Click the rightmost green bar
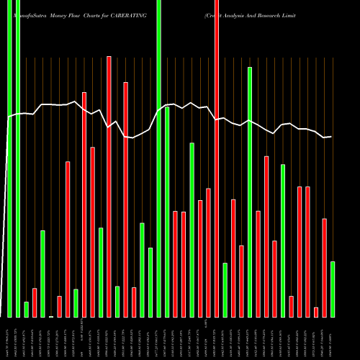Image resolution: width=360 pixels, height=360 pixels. (333, 289)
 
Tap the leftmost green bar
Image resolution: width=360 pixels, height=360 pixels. (9, 158)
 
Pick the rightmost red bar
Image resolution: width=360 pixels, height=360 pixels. (324, 267)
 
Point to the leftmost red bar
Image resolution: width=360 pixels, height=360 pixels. (35, 302)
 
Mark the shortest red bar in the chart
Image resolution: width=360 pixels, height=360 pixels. (316, 312)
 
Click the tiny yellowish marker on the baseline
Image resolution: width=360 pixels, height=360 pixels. (51, 316)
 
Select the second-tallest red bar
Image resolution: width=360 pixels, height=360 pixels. (109, 186)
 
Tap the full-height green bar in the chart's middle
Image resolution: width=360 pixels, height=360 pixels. (158, 158)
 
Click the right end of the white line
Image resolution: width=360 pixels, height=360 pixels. (331, 137)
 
